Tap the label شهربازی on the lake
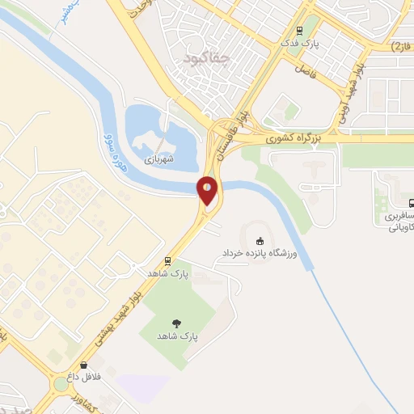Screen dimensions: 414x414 coord(159,161)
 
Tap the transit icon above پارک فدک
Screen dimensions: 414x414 coord(300,32)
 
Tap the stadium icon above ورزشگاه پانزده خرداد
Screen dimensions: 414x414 coord(260,240)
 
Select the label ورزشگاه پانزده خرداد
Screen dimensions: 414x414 coord(260,254)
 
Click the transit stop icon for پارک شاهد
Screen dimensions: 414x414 coord(167,261)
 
